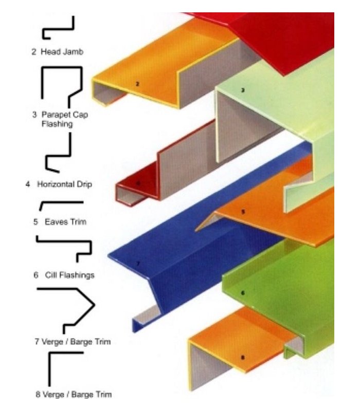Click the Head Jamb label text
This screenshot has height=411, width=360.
57,52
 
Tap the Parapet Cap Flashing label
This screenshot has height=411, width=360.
60,119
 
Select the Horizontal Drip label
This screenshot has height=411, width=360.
59,184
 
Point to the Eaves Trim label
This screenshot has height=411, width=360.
60,222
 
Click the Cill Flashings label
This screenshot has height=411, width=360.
64,275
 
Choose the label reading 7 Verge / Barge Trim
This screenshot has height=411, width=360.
73,342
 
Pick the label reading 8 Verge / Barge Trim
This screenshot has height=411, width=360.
74,394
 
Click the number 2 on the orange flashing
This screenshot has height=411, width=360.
137,84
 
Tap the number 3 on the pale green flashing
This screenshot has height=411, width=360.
243,90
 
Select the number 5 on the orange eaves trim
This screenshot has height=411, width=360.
243,212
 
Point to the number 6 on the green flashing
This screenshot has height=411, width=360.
243,293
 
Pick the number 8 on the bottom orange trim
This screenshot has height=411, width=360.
242,357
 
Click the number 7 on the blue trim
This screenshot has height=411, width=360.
138,264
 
